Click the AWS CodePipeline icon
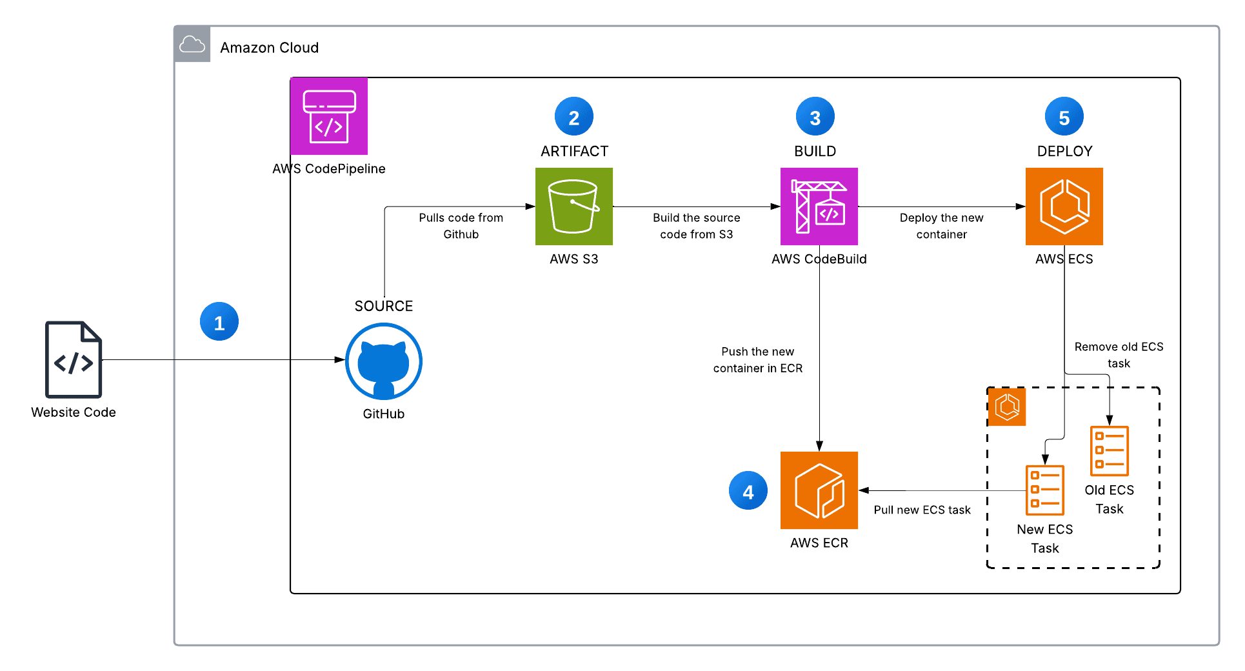(329, 116)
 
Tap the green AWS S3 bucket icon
(573, 206)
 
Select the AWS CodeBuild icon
(819, 206)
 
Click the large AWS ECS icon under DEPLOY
(1064, 206)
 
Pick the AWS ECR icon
(819, 490)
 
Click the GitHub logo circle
(384, 362)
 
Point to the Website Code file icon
(74, 359)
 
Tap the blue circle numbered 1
(219, 321)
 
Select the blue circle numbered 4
(748, 491)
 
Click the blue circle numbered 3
(815, 117)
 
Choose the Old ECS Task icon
(1109, 450)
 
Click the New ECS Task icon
(1044, 490)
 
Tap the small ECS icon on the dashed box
(1007, 407)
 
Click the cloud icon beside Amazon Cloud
(192, 45)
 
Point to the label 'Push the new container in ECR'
(757, 360)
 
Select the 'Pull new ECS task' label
(922, 510)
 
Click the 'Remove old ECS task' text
(1119, 355)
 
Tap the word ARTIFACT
(574, 152)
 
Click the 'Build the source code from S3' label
(696, 226)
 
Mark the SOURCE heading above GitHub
(383, 306)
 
